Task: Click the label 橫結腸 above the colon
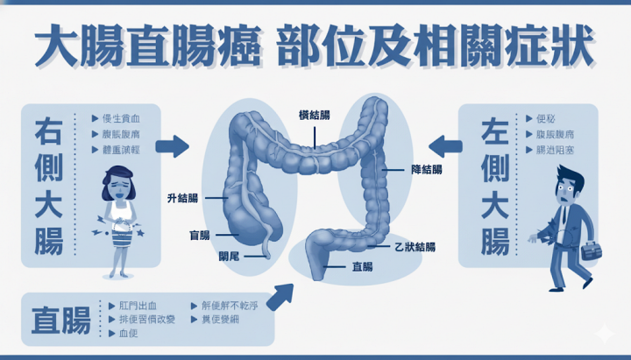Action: [x=314, y=115]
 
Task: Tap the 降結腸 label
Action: [x=426, y=168]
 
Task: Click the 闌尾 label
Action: [x=230, y=257]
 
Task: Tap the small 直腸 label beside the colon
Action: [x=361, y=265]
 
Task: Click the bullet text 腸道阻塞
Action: [x=555, y=150]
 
